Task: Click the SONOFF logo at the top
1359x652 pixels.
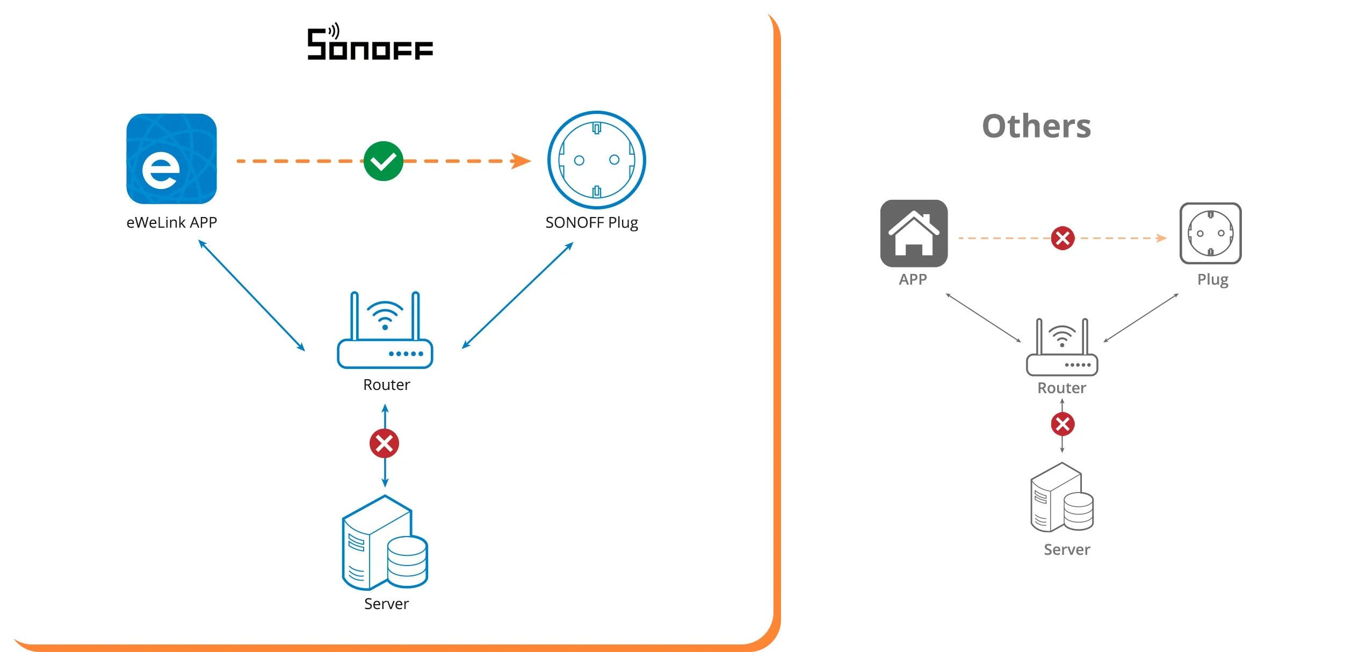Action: click(370, 43)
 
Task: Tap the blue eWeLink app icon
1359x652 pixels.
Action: click(171, 158)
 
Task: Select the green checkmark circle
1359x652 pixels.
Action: click(384, 161)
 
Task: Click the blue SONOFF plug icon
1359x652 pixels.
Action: click(596, 160)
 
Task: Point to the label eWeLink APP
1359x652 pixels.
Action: click(171, 222)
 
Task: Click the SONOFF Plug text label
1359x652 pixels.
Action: click(591, 222)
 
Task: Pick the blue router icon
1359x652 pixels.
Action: click(385, 331)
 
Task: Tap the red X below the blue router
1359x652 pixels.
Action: click(384, 444)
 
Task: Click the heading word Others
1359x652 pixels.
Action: click(1036, 127)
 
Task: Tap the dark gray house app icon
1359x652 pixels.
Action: click(914, 233)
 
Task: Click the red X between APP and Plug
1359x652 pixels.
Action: click(1062, 238)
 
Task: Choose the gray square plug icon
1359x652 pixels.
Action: click(1210, 233)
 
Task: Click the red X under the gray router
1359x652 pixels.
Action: click(1062, 424)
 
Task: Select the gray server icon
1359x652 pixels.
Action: click(1062, 498)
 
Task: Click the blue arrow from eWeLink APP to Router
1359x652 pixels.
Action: click(251, 295)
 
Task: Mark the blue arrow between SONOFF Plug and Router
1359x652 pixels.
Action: click(518, 295)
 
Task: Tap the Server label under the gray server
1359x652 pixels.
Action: click(1067, 549)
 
